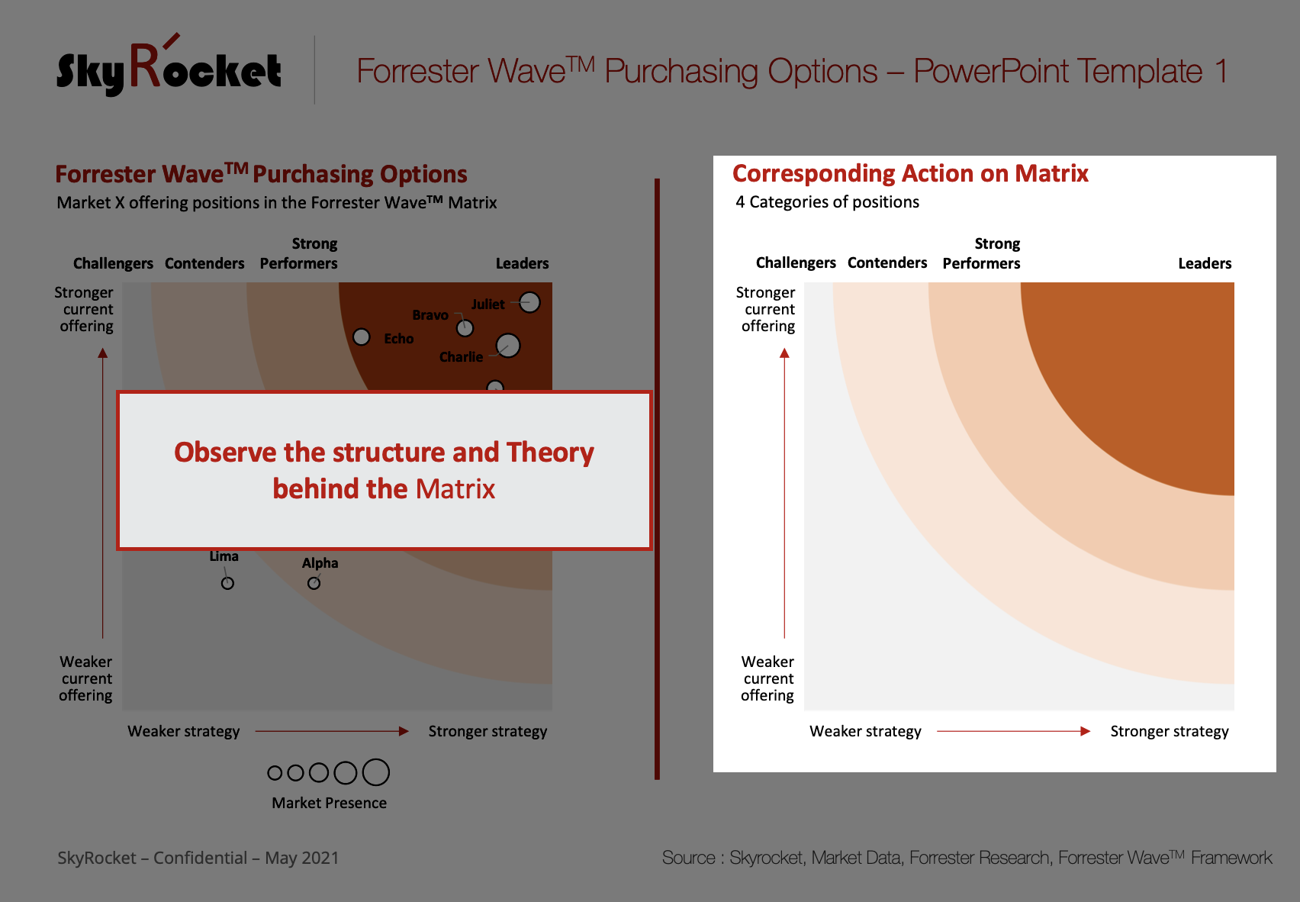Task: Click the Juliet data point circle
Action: [529, 302]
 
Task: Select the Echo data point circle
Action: [362, 337]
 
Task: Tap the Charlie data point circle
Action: [508, 346]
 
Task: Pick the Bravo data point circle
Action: [465, 329]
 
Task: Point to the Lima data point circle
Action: [227, 583]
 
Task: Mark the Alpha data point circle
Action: [314, 583]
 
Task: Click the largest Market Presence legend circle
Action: [376, 772]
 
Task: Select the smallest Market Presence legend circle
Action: [275, 773]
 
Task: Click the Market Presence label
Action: [329, 803]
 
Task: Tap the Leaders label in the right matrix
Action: [1205, 263]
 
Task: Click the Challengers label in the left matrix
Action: [113, 263]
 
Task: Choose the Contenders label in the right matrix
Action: [887, 263]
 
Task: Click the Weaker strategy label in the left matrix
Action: [183, 731]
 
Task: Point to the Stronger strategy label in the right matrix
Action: [1170, 731]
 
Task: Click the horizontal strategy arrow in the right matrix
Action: [1014, 731]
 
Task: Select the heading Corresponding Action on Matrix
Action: [910, 173]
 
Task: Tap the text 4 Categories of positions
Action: [827, 202]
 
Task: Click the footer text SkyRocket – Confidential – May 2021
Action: [198, 858]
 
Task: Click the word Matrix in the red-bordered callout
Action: [455, 488]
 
